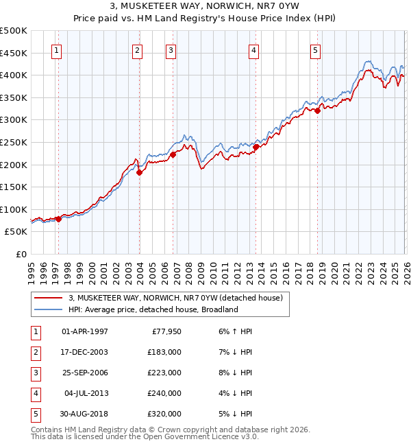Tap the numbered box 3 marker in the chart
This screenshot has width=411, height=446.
click(x=171, y=49)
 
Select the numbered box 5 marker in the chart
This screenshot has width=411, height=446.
click(x=315, y=49)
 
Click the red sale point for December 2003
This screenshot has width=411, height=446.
click(x=139, y=172)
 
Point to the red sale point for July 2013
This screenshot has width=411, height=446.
click(x=256, y=146)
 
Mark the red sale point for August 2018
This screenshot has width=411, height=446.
click(x=318, y=110)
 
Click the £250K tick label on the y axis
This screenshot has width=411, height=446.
click(x=14, y=142)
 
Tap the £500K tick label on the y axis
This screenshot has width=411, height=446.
click(x=14, y=31)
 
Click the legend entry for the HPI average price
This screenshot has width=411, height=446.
click(x=152, y=309)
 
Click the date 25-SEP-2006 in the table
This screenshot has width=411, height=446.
click(x=84, y=373)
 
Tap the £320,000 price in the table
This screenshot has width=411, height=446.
click(x=164, y=414)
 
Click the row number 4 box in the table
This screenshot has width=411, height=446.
click(x=35, y=393)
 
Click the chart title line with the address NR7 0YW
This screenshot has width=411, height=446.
click(x=206, y=8)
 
